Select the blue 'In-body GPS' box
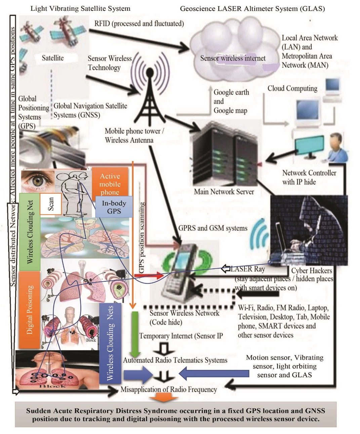point(114,207)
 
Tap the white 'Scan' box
point(51,204)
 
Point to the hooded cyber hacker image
point(309,229)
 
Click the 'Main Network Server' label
point(224,192)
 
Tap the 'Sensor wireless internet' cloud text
point(233,58)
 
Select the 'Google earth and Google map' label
point(231,101)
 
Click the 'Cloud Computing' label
point(292,88)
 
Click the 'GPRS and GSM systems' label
point(213,228)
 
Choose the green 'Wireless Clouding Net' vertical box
point(30,231)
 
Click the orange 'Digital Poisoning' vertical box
point(30,310)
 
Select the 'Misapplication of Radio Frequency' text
point(169,389)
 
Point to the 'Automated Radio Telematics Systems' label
point(175,360)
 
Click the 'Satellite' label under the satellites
point(53,58)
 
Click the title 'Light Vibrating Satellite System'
point(80,9)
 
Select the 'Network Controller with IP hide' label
point(309,177)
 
